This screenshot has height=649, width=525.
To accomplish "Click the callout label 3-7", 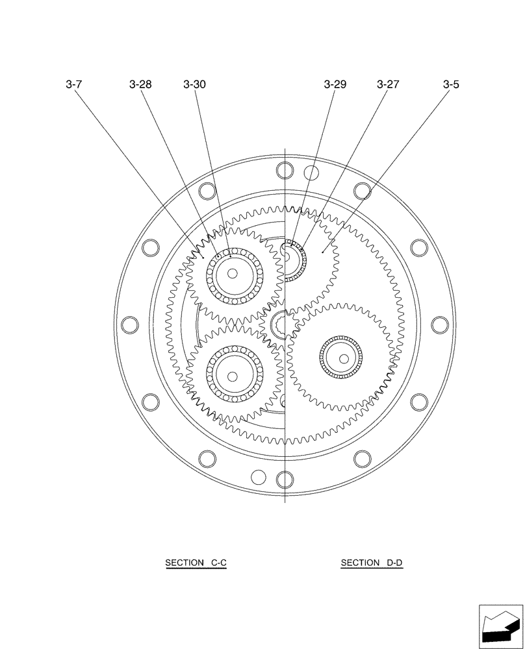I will (x=73, y=84).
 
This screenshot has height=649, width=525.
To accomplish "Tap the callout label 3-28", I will (x=140, y=84).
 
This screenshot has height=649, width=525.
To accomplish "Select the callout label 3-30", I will (x=194, y=84).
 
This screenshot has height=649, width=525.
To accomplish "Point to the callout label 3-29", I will (x=335, y=84).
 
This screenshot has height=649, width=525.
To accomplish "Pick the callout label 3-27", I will (x=388, y=84).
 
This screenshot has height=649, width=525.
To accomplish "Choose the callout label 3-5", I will (x=451, y=84).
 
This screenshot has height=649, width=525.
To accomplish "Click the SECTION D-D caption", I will (x=372, y=563).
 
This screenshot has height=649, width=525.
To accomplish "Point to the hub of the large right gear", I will (x=341, y=357).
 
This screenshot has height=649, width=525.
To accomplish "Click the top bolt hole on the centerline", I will (x=285, y=171).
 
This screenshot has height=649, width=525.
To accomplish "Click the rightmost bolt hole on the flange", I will (x=440, y=324).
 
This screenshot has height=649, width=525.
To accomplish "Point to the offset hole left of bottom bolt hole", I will (x=259, y=477).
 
